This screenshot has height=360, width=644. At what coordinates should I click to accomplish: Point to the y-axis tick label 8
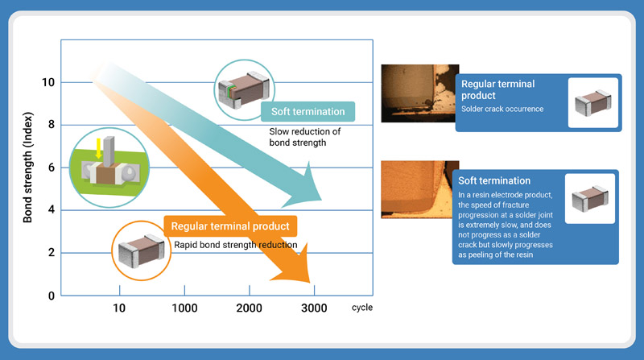tap(51, 125)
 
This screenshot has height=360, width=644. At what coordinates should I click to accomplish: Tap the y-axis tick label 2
tap(51, 253)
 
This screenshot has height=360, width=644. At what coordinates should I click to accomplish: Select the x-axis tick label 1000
tap(184, 308)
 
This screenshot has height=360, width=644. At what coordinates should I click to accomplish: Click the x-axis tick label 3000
tap(314, 308)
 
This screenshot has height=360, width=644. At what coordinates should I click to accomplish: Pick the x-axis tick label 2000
tap(250, 308)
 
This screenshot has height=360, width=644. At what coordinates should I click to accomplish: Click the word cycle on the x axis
tap(361, 308)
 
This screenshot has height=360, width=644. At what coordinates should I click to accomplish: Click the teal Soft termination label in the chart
tap(308, 112)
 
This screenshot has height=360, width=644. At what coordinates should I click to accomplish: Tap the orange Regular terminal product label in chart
tap(230, 226)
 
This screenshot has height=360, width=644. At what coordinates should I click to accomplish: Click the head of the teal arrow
tap(323, 199)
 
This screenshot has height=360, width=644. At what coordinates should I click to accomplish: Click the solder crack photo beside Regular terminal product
tap(415, 93)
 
